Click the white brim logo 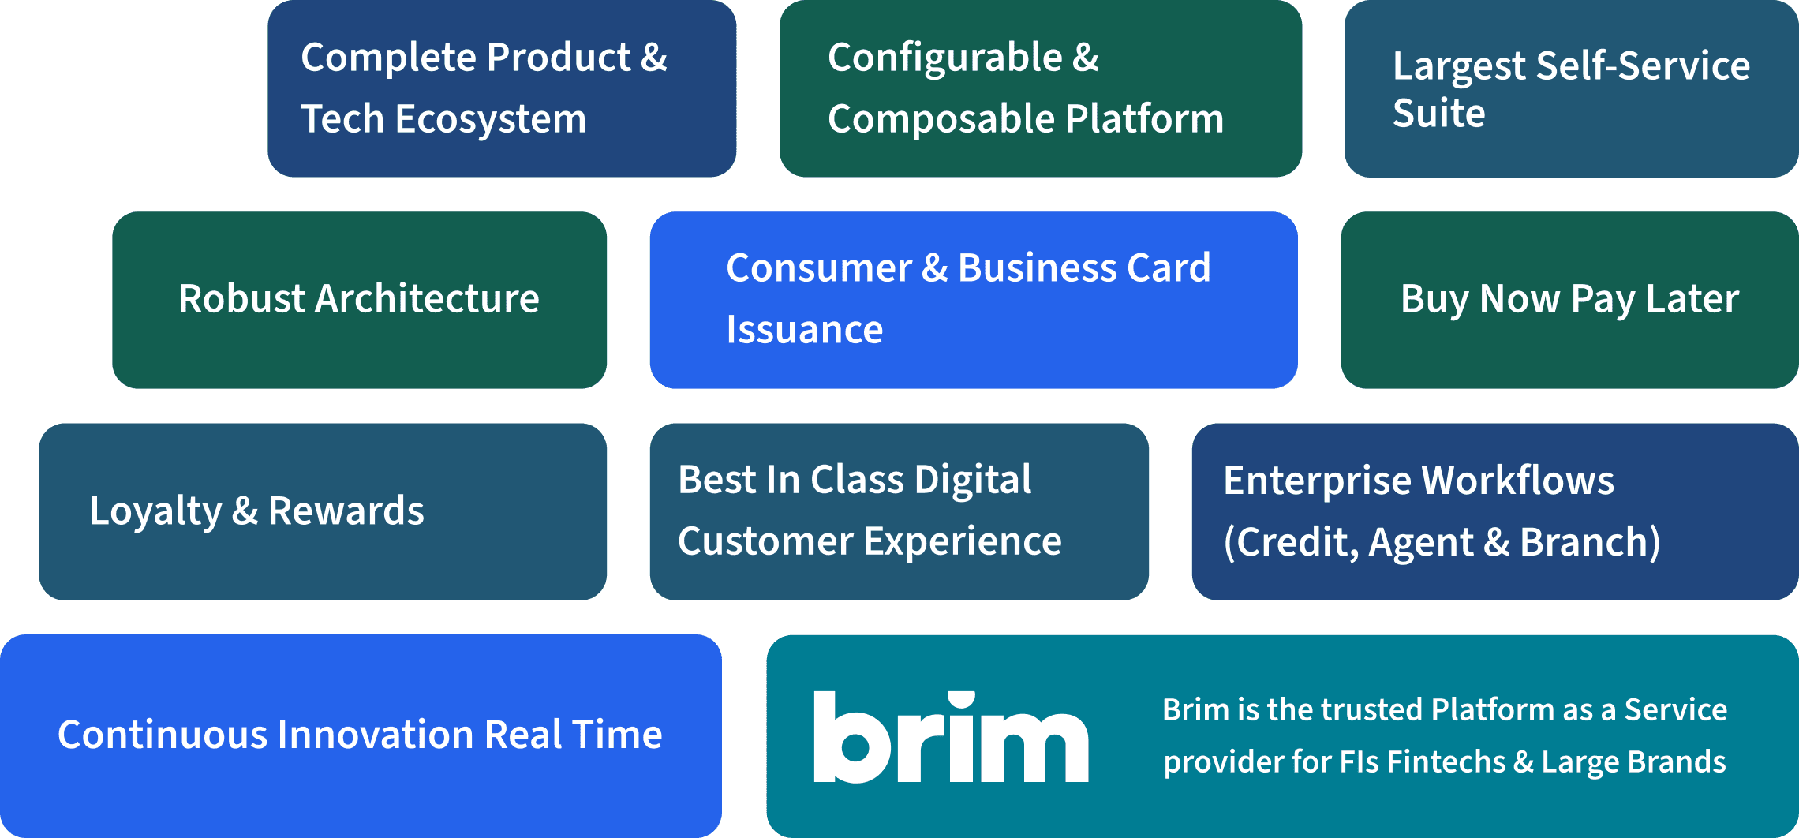(x=951, y=737)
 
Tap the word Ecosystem (x=490, y=119)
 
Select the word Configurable (x=944, y=58)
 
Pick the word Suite (x=1438, y=113)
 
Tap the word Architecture (x=427, y=299)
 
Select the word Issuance (x=804, y=329)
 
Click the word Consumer (x=819, y=268)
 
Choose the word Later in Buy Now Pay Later (x=1692, y=299)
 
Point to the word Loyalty (x=155, y=511)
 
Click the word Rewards (x=346, y=511)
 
